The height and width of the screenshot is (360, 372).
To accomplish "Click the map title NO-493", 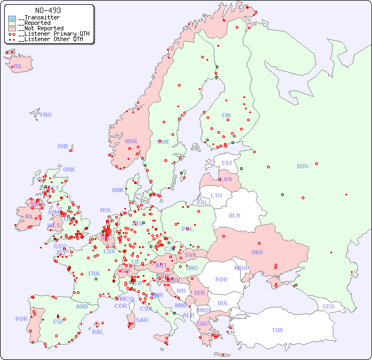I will [x=48, y=10].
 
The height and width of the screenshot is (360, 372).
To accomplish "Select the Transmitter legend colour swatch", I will [x=12, y=18].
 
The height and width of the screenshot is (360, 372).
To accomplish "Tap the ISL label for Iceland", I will [x=18, y=67].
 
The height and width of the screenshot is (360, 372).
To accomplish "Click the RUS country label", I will [x=302, y=166].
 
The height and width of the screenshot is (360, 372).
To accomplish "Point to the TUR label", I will [x=277, y=330].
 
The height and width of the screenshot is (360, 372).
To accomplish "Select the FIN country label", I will [x=226, y=115].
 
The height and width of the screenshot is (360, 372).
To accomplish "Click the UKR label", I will [x=257, y=252].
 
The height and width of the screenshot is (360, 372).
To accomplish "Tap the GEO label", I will [x=328, y=306].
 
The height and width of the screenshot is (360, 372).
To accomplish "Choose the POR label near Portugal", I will [x=21, y=319].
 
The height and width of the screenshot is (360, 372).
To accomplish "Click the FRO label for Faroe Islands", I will [x=46, y=115].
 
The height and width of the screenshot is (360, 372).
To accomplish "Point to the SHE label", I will [x=63, y=146].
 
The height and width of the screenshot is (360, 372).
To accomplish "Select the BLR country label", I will [x=235, y=215].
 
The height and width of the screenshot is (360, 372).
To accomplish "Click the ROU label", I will [x=221, y=279].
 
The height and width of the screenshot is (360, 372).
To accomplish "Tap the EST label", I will [x=227, y=163].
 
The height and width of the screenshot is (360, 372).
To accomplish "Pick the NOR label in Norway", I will [x=131, y=141].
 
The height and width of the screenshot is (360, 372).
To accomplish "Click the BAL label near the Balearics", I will [x=97, y=332].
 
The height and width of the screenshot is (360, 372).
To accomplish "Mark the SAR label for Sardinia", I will [x=142, y=320].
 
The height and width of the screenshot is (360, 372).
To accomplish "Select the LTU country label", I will [x=216, y=195].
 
